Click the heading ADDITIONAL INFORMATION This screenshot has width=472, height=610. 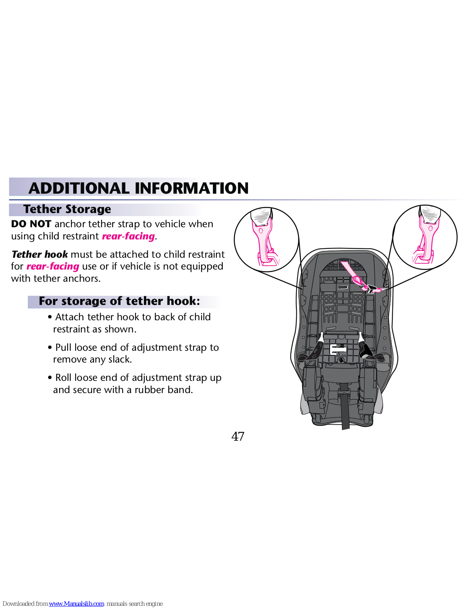138,188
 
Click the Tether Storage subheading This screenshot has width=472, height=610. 67,209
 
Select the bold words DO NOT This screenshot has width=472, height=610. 31,224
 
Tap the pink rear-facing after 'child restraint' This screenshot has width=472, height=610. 128,236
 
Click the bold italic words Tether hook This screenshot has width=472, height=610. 40,254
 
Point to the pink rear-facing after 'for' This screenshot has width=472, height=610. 53,266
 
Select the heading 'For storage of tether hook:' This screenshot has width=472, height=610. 119,301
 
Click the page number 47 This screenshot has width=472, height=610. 238,437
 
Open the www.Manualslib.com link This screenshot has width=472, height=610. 76,604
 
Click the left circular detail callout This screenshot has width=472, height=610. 266,239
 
